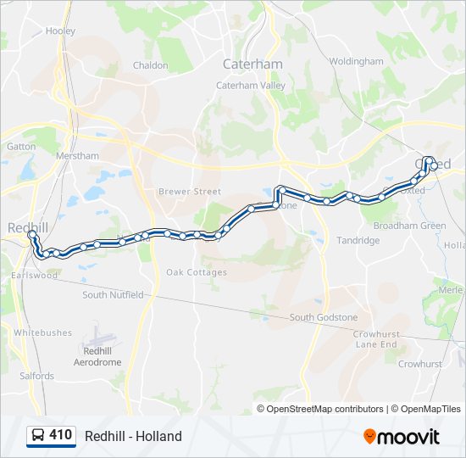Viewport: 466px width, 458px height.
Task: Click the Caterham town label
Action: (252, 64)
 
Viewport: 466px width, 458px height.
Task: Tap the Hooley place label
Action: (60, 31)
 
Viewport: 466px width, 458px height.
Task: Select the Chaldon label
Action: (150, 65)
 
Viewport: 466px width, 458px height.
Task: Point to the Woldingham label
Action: (356, 62)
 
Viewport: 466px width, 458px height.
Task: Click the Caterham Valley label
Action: (251, 86)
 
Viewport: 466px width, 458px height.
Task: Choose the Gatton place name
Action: (21, 146)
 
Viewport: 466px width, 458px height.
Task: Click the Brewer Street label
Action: (189, 192)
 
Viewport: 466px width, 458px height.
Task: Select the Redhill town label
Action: (28, 227)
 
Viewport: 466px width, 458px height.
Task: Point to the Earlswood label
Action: (35, 276)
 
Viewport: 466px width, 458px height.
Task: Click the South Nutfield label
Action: (113, 295)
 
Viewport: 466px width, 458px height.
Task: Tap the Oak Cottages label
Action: (196, 272)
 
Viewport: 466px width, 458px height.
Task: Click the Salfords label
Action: (36, 376)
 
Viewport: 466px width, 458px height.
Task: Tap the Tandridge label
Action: (358, 241)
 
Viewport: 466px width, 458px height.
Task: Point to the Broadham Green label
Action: (409, 226)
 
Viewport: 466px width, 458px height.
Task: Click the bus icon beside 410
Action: (38, 436)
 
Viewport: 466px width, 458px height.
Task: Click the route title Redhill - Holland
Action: (133, 437)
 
